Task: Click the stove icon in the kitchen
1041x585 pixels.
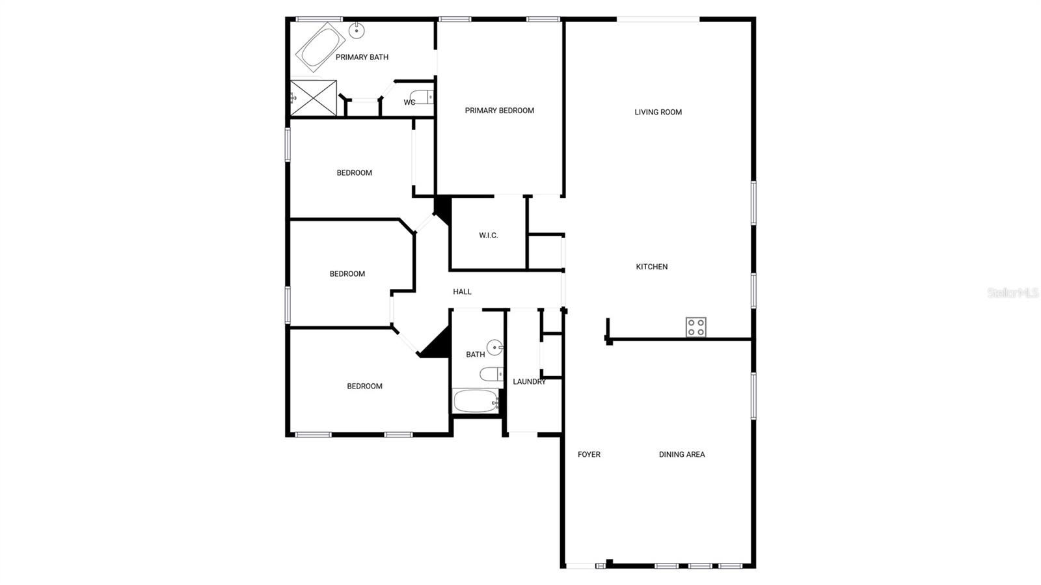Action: coord(696,327)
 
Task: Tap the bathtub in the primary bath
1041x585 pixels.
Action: coord(321,48)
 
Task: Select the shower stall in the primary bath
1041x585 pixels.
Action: coord(314,98)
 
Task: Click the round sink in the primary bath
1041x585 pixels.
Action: coord(357,30)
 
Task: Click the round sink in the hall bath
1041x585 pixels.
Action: coord(495,347)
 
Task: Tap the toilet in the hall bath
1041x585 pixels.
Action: coord(491,374)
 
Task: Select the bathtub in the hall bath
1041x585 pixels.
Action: coord(476,400)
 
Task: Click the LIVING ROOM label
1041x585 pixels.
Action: coord(658,112)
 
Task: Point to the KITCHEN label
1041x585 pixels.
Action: coord(651,267)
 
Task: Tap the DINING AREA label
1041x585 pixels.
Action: coord(681,454)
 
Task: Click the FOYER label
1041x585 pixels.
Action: coord(589,454)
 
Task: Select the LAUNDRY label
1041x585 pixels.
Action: coord(529,381)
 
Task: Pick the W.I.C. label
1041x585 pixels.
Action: coord(488,236)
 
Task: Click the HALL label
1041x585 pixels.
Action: coord(462,292)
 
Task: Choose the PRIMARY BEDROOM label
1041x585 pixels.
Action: coord(499,111)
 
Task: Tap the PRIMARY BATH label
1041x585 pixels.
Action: coord(362,57)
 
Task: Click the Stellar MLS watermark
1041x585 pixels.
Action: coord(1013,293)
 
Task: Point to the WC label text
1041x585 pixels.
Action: coord(409,102)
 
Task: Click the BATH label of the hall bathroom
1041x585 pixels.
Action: coord(475,355)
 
